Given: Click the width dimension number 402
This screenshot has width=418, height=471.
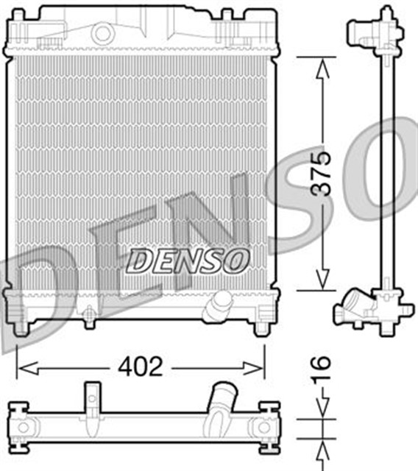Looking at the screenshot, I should point(140,366).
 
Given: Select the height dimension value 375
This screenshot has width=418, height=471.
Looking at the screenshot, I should point(322,174).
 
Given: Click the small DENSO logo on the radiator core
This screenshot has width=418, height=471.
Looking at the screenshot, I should point(188,259).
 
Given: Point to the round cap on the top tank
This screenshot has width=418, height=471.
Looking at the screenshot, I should point(103,32).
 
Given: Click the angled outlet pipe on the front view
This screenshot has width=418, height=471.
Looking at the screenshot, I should point(218,305).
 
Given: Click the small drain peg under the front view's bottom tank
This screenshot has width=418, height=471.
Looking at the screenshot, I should point(90,318).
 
